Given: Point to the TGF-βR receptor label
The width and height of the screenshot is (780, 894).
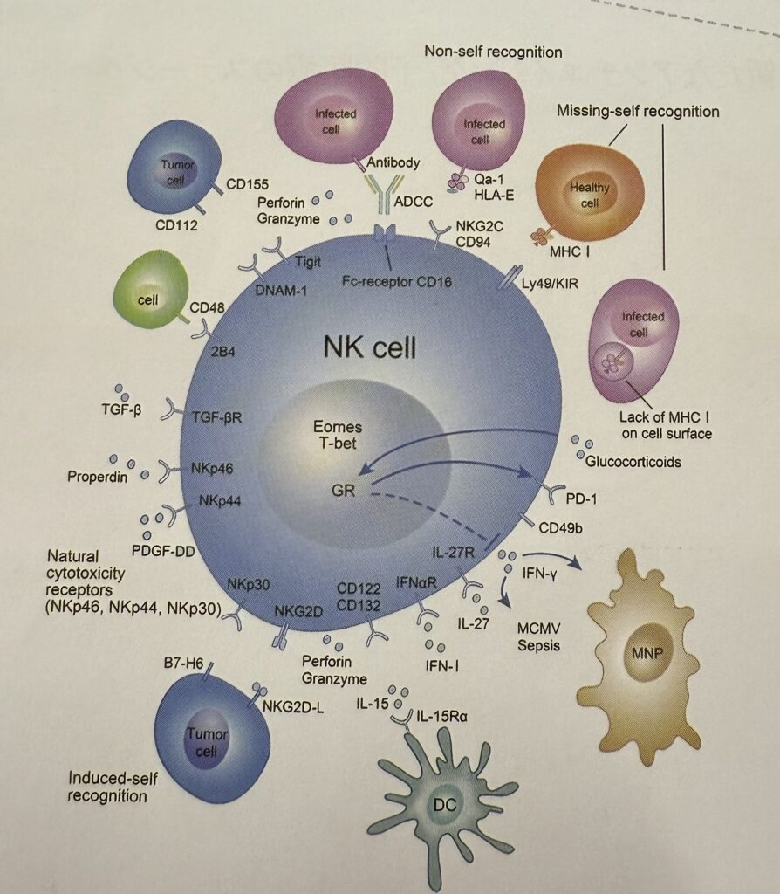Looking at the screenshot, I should [x=216, y=416].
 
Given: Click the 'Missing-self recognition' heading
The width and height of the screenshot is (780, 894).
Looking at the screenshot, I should [x=637, y=112].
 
